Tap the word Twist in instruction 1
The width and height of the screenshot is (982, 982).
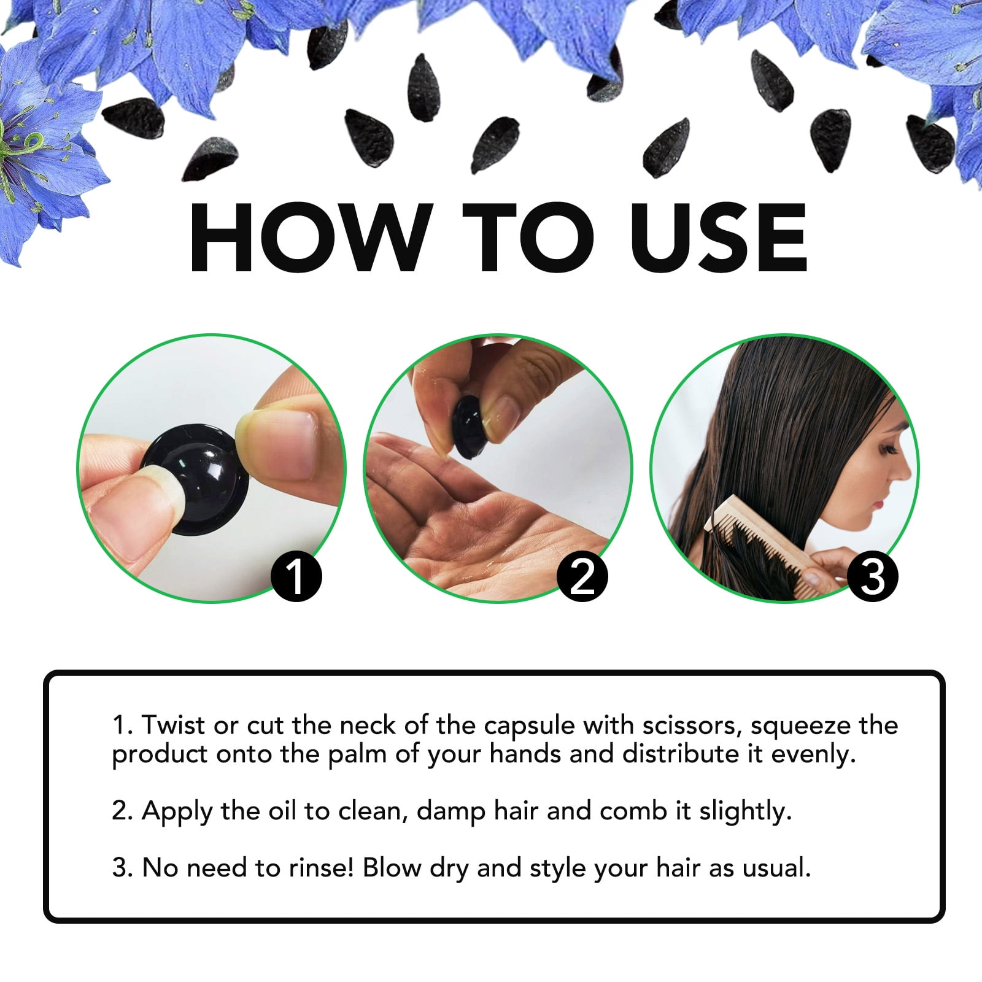(x=173, y=725)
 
